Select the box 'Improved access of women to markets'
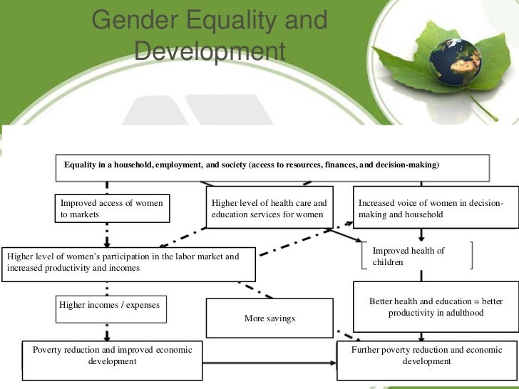(x=112, y=209)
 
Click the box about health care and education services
(x=269, y=209)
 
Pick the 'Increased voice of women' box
(x=433, y=209)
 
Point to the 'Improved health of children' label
(x=408, y=256)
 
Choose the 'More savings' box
(x=269, y=318)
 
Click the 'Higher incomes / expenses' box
(x=109, y=306)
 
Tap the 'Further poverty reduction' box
(x=426, y=356)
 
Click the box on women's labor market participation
(x=128, y=262)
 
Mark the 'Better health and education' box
(x=436, y=307)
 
